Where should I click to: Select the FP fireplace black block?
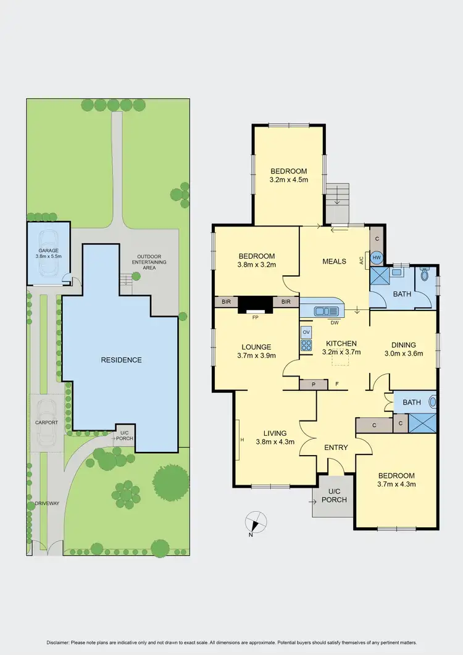255,305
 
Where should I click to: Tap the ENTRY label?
336,448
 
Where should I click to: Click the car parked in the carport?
46,423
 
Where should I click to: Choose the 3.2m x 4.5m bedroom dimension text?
288,180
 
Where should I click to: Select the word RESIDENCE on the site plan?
122,360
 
